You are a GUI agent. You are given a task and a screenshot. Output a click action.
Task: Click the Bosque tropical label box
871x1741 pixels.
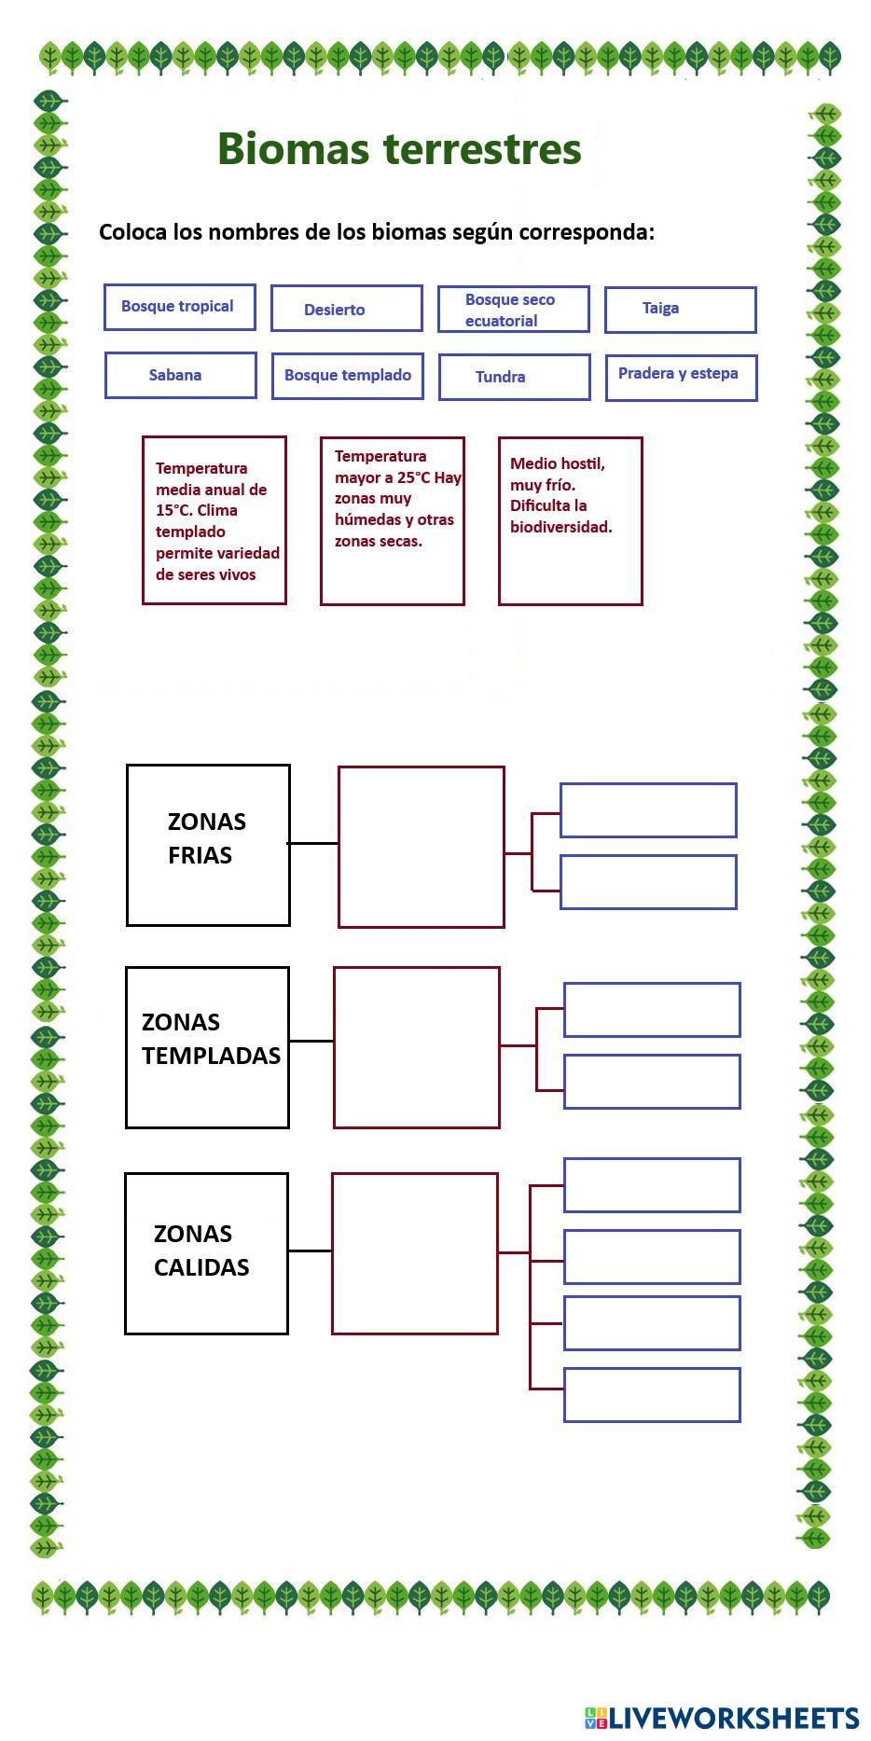[180, 308]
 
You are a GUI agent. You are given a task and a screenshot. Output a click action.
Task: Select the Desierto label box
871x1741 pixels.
[347, 309]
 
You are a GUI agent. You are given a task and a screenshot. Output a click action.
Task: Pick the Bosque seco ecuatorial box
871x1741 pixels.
[514, 310]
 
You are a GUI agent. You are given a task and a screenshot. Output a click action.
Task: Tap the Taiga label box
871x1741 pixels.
[681, 311]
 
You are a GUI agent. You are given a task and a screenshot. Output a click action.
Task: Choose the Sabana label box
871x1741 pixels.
[181, 376]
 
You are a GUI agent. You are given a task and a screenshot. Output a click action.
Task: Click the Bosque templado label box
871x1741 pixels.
[348, 377]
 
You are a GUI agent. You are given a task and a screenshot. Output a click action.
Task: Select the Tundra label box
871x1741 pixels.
[515, 378]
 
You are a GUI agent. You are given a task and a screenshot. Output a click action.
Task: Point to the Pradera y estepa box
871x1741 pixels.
[682, 379]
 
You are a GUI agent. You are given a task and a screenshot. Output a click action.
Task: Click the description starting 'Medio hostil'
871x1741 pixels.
[571, 521]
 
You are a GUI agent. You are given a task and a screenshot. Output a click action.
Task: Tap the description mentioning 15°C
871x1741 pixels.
[214, 520]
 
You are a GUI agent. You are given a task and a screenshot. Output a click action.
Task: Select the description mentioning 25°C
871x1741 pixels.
[393, 521]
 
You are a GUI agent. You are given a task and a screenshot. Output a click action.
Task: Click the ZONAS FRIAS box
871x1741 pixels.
[208, 846]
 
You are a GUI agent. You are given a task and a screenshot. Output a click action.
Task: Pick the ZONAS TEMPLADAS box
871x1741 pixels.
[207, 1048]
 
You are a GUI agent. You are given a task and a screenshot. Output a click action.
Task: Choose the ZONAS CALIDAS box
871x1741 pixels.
[206, 1254]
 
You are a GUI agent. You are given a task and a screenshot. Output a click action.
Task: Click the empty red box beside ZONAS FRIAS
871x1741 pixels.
[422, 848]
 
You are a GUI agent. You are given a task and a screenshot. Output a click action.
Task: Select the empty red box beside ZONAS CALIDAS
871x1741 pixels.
[415, 1254]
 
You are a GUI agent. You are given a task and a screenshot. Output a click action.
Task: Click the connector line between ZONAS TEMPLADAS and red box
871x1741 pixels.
[311, 1041]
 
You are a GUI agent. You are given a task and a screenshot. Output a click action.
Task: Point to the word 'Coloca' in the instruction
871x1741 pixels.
[133, 232]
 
